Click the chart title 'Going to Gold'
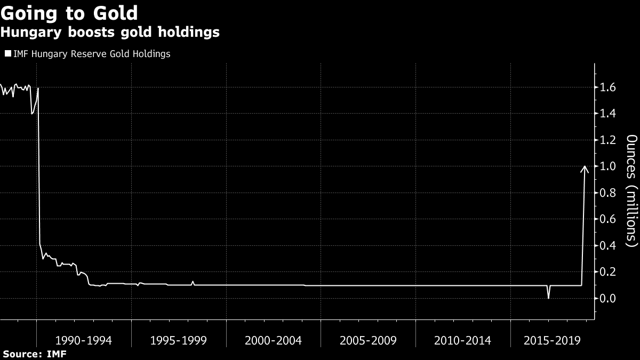pos(69,13)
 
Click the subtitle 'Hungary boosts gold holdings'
pos(110,33)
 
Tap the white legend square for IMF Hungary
pos(7,54)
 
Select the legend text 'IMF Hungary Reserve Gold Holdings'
pos(92,54)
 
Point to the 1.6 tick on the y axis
pos(609,87)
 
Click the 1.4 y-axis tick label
pos(609,114)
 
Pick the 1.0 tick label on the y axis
pos(609,166)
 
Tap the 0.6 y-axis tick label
pos(609,219)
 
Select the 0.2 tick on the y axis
pos(609,272)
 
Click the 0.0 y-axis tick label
pos(609,298)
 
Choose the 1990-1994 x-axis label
pos(84,340)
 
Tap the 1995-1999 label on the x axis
pos(179,340)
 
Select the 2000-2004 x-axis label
pos(274,340)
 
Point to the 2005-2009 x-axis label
pos(369,340)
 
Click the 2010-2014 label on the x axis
pos(463,340)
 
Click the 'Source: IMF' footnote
pos(35,354)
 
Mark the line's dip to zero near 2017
pos(548,298)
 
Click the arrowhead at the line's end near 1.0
pos(585,169)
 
